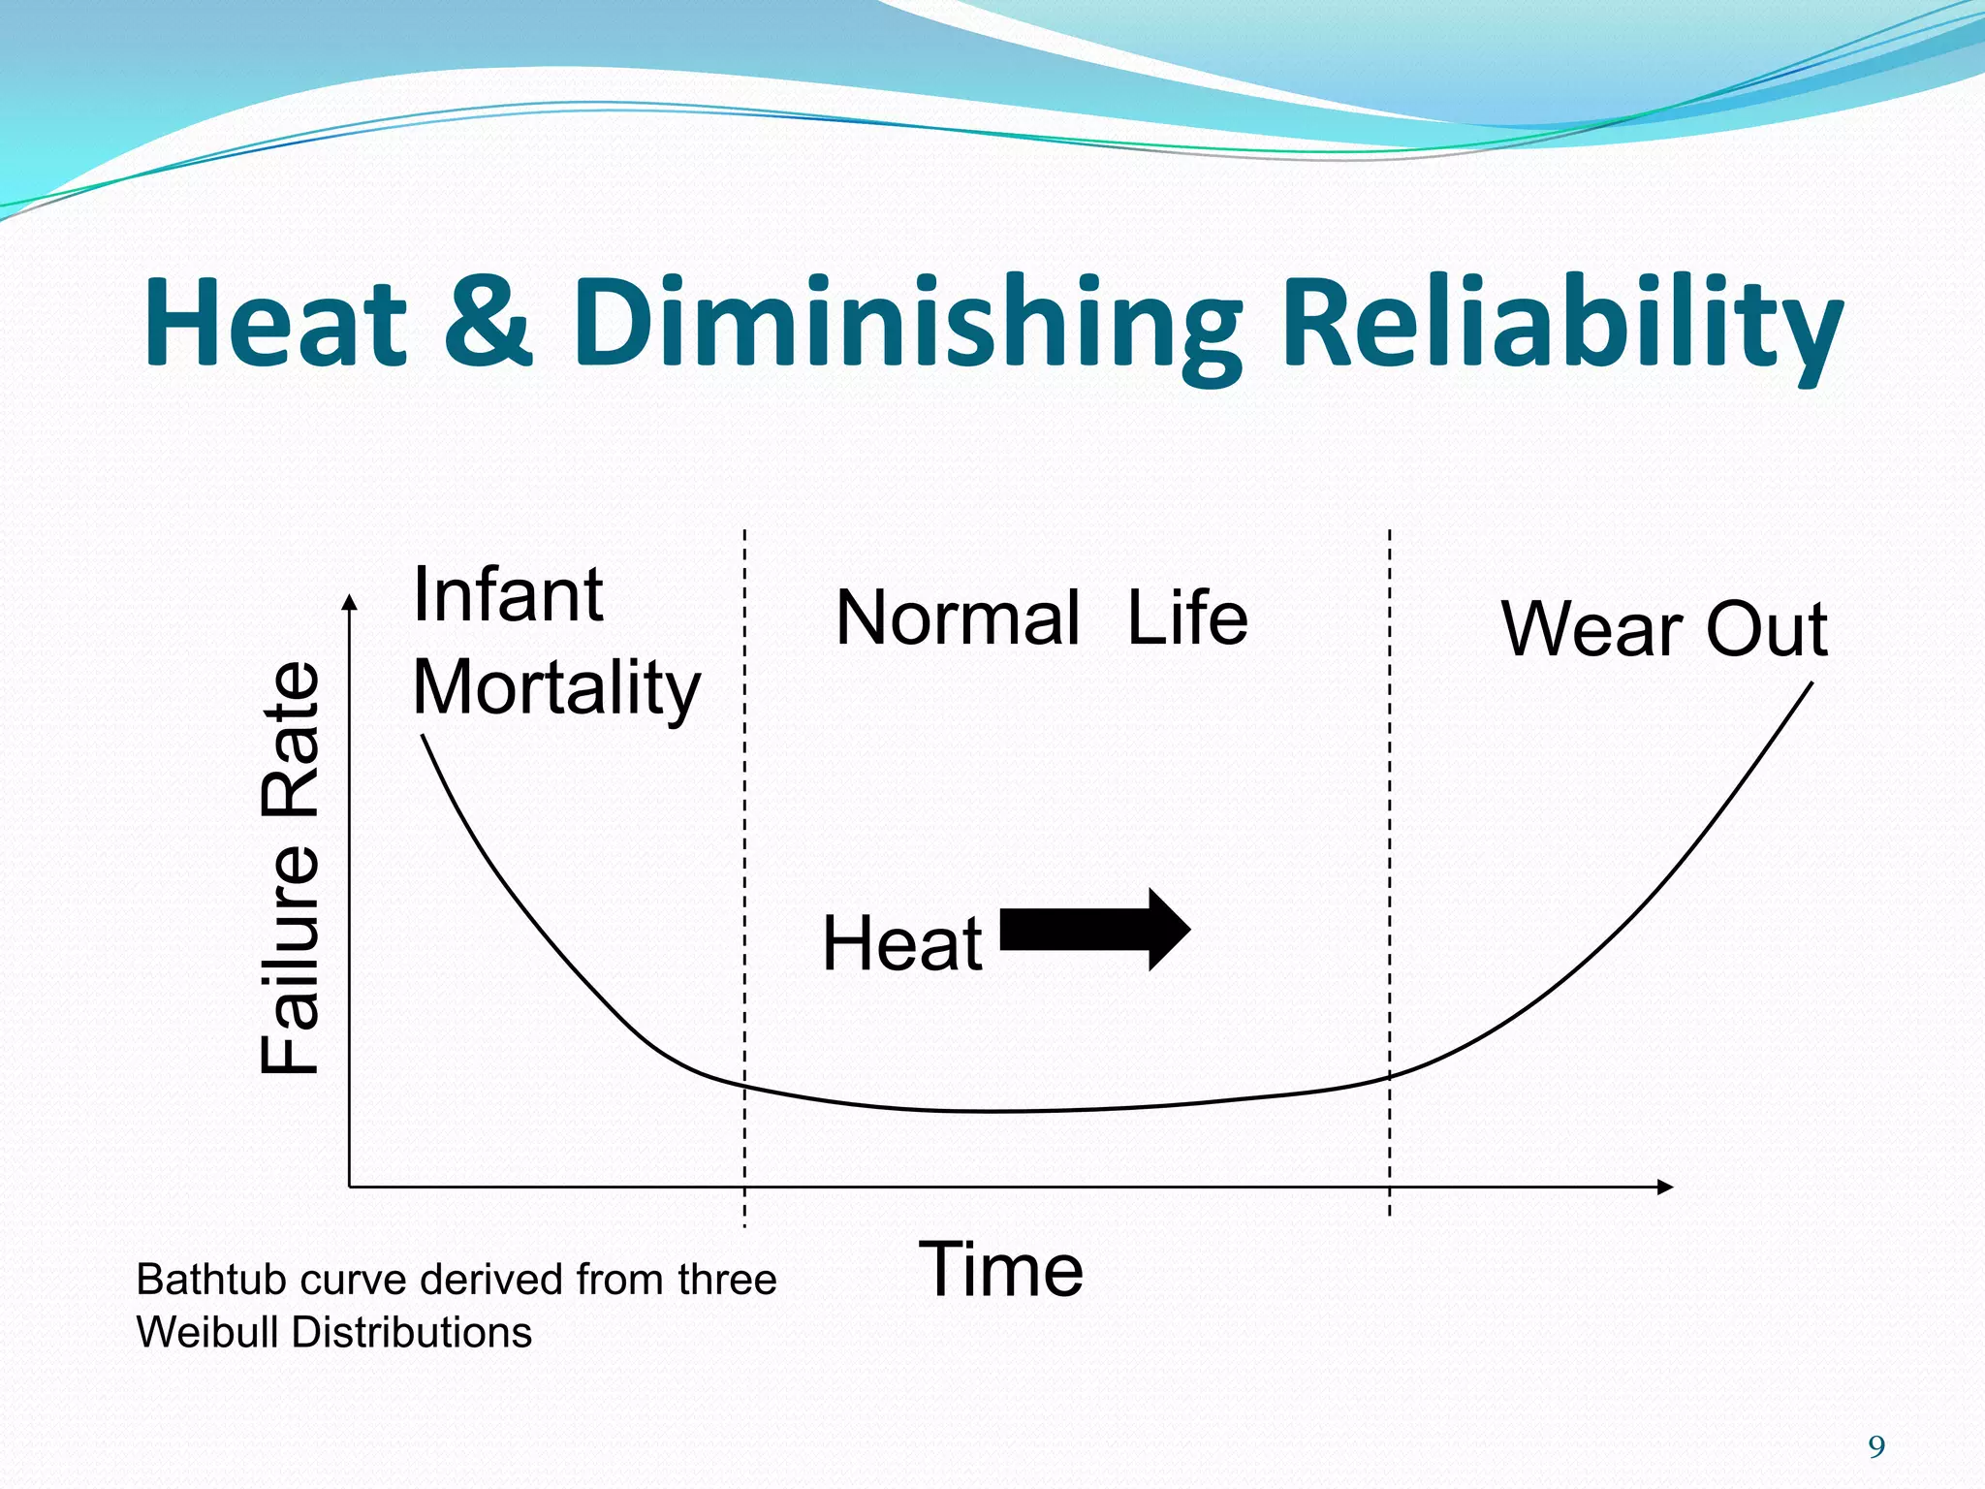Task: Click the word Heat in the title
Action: point(275,322)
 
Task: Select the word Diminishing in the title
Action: point(906,325)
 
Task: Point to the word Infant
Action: point(508,594)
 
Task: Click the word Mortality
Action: point(555,687)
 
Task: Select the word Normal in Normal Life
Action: point(957,618)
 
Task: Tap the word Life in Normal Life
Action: point(1187,618)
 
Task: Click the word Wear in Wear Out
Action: point(1591,629)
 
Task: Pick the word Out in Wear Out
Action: point(1766,629)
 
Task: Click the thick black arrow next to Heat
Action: point(1093,929)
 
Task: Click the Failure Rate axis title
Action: point(291,868)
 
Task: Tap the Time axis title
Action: point(1000,1269)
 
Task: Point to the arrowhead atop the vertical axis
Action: point(350,603)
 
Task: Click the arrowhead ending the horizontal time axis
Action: point(1665,1187)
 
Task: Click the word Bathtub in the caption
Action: point(212,1280)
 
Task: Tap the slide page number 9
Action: point(1876,1447)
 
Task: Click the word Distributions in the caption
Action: point(411,1332)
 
